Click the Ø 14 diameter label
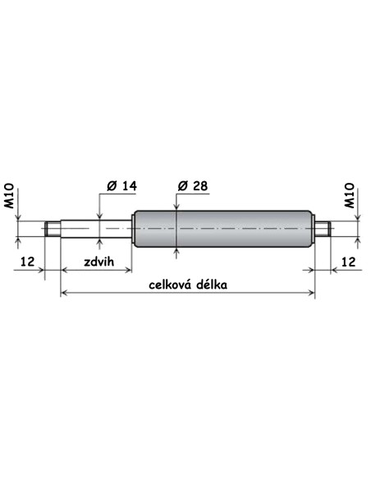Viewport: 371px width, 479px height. [x=122, y=185]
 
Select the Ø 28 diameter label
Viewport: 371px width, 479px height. [x=193, y=185]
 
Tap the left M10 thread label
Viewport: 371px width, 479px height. [x=9, y=196]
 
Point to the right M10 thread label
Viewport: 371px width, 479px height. [x=350, y=196]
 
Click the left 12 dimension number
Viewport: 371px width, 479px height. [x=28, y=262]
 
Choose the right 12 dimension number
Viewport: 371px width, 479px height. [x=348, y=262]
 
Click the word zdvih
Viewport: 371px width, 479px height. [x=99, y=262]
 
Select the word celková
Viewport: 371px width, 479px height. [x=170, y=285]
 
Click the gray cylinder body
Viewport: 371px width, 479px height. [x=223, y=229]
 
